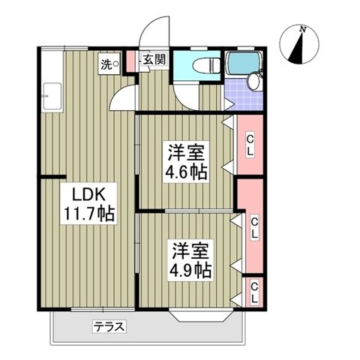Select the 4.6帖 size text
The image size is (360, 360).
coord(187,170)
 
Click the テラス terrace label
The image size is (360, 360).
coord(109,326)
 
